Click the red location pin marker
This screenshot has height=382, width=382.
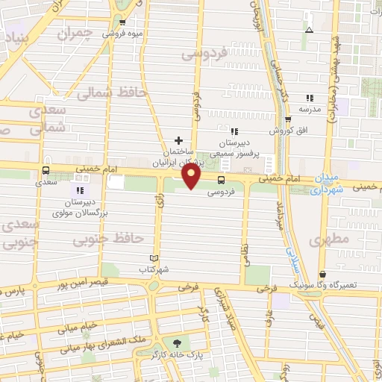(192, 177)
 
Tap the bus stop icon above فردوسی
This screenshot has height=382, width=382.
(221, 180)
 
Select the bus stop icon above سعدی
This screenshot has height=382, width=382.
(47, 169)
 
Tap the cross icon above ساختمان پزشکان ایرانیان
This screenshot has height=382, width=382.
(178, 140)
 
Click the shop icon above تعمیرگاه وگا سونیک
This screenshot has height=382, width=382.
(322, 274)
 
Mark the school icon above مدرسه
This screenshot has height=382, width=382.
(310, 98)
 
